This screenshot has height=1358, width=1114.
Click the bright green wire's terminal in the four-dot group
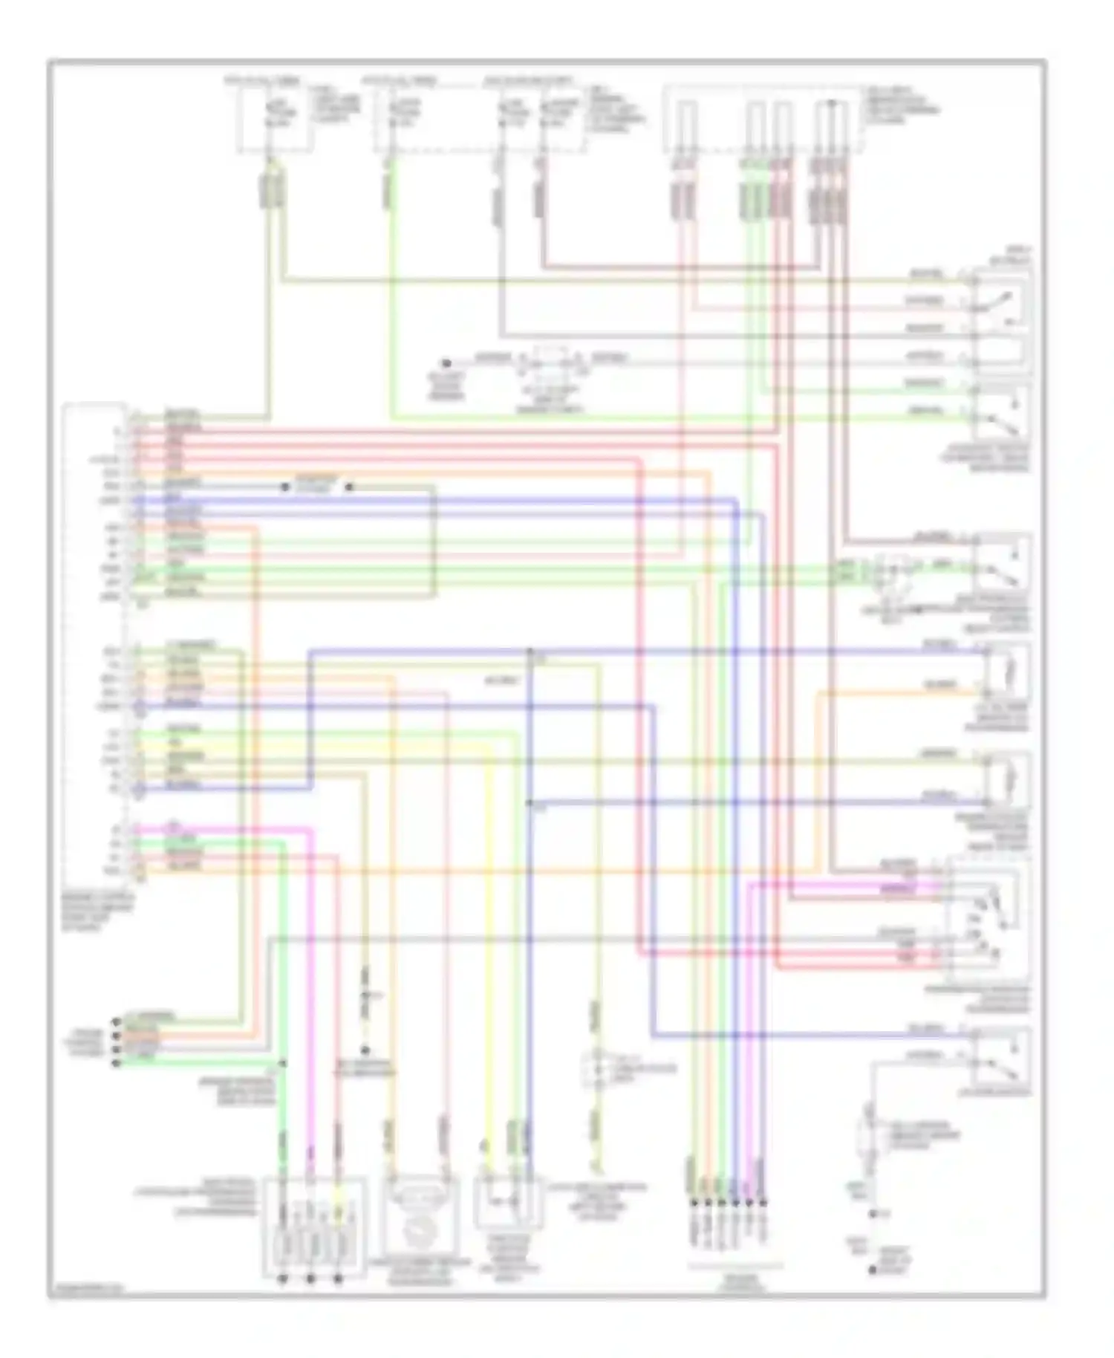click(x=115, y=1063)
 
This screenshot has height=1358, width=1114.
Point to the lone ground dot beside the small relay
click(x=446, y=363)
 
